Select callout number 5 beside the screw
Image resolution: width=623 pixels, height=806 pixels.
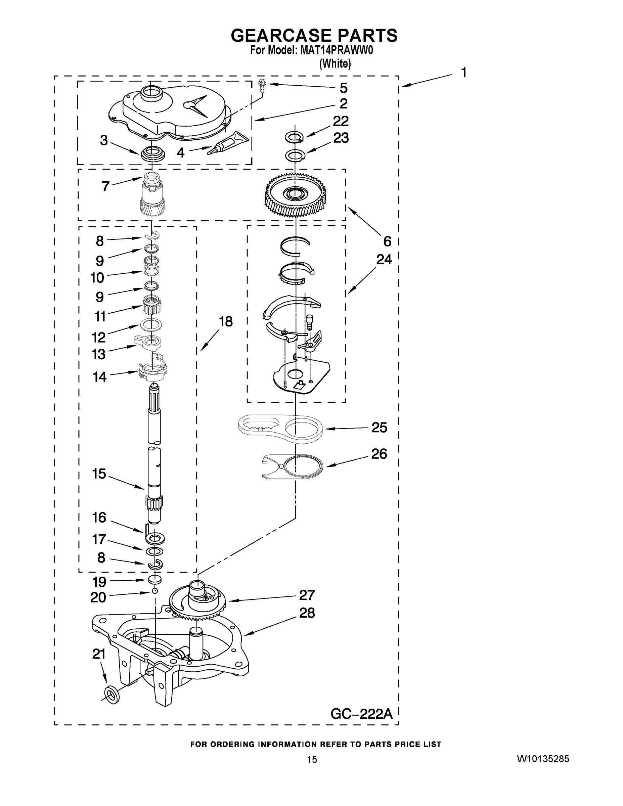[343, 88]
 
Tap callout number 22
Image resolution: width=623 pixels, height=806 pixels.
[340, 121]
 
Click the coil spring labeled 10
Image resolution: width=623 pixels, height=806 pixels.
[151, 265]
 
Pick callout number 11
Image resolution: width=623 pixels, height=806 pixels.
[100, 316]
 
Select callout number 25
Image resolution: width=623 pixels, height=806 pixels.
[379, 428]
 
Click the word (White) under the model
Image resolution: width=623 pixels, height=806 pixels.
[335, 63]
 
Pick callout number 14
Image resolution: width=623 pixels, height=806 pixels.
[99, 377]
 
